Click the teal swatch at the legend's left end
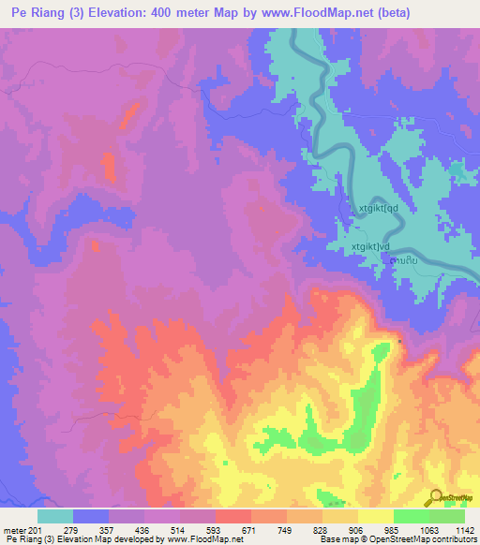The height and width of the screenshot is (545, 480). click(x=55, y=516)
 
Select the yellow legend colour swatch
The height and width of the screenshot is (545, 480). click(x=375, y=516)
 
